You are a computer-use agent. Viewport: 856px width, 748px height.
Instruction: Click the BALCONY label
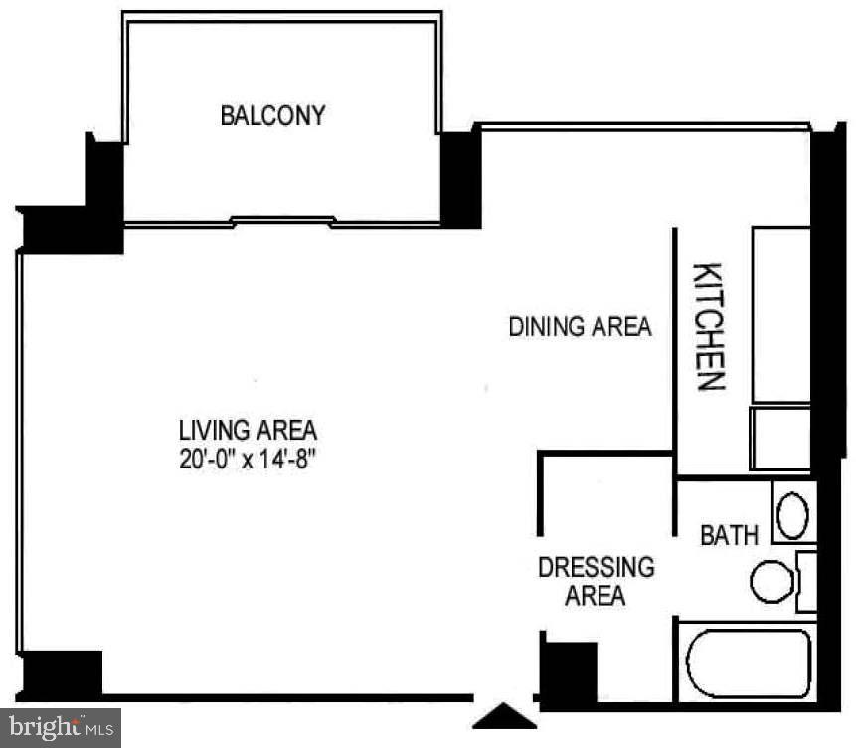[x=272, y=115]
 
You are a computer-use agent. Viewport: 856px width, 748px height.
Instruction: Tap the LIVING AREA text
[x=248, y=431]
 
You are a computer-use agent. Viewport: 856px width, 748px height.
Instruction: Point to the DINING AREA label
[x=580, y=326]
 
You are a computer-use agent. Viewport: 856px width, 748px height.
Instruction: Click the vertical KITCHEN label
[x=707, y=326]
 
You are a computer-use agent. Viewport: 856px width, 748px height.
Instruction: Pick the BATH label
[x=729, y=535]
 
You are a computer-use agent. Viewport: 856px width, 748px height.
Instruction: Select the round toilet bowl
[x=770, y=581]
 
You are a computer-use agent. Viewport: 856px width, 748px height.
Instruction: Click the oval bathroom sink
[x=792, y=515]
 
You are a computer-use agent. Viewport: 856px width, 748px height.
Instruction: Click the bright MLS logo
[x=60, y=727]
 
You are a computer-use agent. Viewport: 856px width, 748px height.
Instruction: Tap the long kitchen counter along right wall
[x=780, y=313]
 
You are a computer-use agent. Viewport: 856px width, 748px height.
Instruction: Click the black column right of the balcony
[x=460, y=179]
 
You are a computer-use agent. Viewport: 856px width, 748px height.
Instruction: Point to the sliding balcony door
[x=282, y=221]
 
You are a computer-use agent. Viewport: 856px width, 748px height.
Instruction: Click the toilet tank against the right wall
[x=806, y=581]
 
